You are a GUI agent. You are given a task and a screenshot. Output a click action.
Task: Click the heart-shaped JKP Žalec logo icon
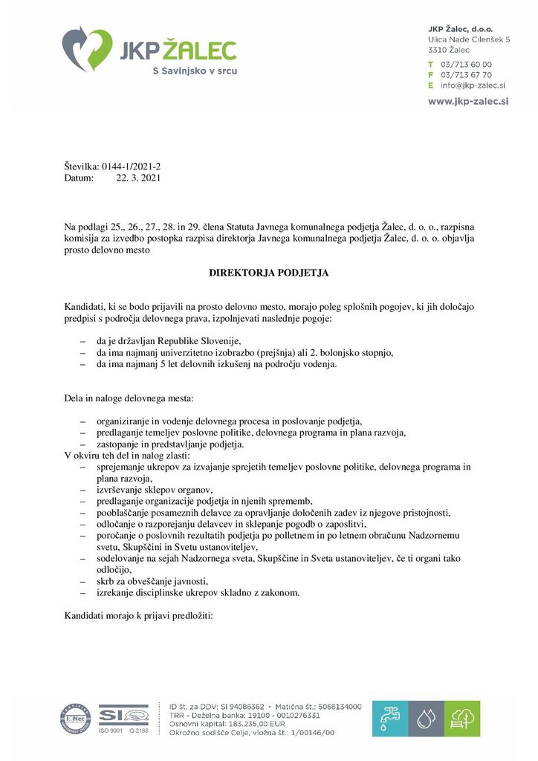(87, 48)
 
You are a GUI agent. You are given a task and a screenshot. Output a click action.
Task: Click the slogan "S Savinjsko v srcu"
(195, 71)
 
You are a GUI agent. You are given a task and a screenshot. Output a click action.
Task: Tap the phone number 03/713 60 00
(466, 64)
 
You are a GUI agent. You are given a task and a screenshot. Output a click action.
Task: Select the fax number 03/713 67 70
(466, 74)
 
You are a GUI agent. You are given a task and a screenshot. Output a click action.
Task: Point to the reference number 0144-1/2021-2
(126, 167)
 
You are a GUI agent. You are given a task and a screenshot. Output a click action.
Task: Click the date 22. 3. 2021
(138, 178)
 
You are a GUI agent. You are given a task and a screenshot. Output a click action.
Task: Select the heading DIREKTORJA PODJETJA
(268, 273)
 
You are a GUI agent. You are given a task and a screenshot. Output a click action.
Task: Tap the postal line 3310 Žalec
(449, 49)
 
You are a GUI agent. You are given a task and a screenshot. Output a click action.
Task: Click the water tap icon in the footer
(389, 718)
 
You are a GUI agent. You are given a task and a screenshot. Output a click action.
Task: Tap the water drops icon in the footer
(426, 718)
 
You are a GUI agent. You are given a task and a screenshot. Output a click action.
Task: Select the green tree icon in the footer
(462, 718)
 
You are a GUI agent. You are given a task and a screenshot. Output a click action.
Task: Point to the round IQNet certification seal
(75, 718)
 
